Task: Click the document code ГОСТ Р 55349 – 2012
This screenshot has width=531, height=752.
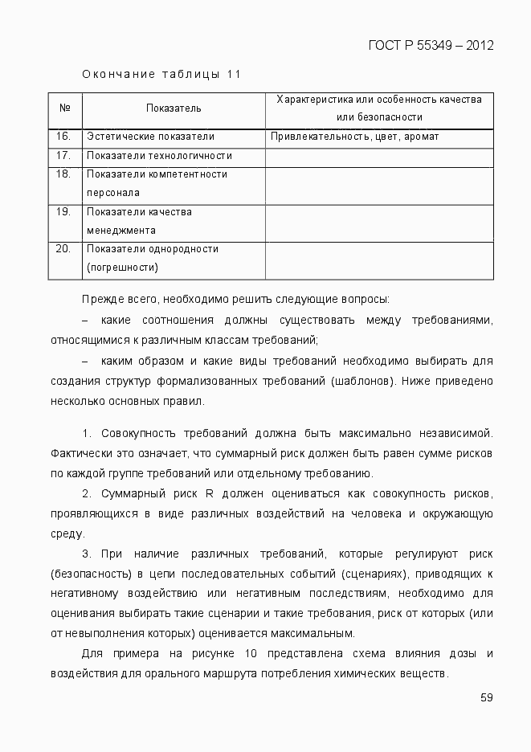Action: [431, 45]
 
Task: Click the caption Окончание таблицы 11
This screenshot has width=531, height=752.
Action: [161, 75]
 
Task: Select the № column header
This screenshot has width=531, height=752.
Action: [65, 108]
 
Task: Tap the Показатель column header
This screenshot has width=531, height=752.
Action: [174, 108]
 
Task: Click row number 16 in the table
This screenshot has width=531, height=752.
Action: [64, 137]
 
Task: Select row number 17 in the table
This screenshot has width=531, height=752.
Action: [64, 155]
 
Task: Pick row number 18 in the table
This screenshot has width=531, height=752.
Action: [64, 174]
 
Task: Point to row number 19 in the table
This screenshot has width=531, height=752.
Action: [64, 212]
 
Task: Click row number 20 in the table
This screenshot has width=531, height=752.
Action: [64, 249]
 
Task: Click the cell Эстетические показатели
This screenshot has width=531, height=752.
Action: [150, 137]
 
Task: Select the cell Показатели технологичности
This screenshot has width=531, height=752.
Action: [159, 155]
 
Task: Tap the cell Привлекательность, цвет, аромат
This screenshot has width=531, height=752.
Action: [354, 137]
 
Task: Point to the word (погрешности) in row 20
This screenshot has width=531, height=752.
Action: [123, 268]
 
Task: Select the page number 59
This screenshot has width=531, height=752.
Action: [486, 697]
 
